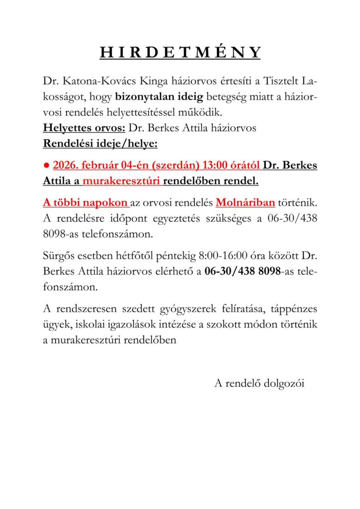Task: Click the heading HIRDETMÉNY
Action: tap(180, 53)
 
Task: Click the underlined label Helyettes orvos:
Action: tap(84, 128)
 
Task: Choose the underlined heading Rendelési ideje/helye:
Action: tap(100, 143)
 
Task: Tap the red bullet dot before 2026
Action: tap(46, 166)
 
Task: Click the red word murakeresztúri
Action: tap(121, 181)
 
